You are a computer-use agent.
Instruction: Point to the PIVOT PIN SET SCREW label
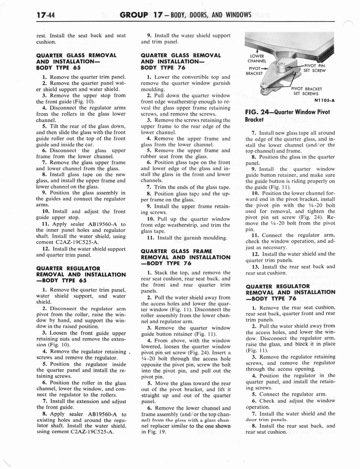coord(314,68)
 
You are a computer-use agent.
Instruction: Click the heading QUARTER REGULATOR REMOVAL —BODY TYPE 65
coord(81,274)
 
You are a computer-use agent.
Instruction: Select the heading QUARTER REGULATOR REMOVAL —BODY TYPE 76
coord(290,292)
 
